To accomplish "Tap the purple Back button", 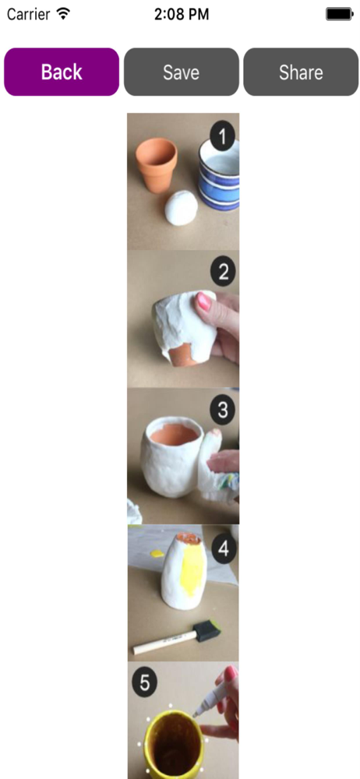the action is pyautogui.click(x=62, y=72).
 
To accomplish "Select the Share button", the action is pyautogui.click(x=301, y=72).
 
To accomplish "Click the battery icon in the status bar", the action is pyautogui.click(x=339, y=14).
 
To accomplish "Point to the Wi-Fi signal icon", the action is pyautogui.click(x=63, y=13).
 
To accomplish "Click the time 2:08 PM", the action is pyautogui.click(x=182, y=14).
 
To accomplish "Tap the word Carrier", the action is pyautogui.click(x=28, y=14).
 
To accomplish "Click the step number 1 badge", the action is pyautogui.click(x=222, y=136).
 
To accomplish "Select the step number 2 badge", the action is pyautogui.click(x=223, y=272).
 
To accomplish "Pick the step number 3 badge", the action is pyautogui.click(x=222, y=411).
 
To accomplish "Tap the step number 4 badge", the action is pyautogui.click(x=224, y=550).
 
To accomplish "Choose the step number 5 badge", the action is pyautogui.click(x=145, y=683).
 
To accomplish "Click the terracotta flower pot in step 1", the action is pyautogui.click(x=156, y=164).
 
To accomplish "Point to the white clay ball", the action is pyautogui.click(x=181, y=209).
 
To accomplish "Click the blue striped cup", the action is pyautogui.click(x=219, y=174).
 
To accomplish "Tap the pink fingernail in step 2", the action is pyautogui.click(x=204, y=301).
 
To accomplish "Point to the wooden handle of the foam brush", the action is pyautogui.click(x=164, y=643).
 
